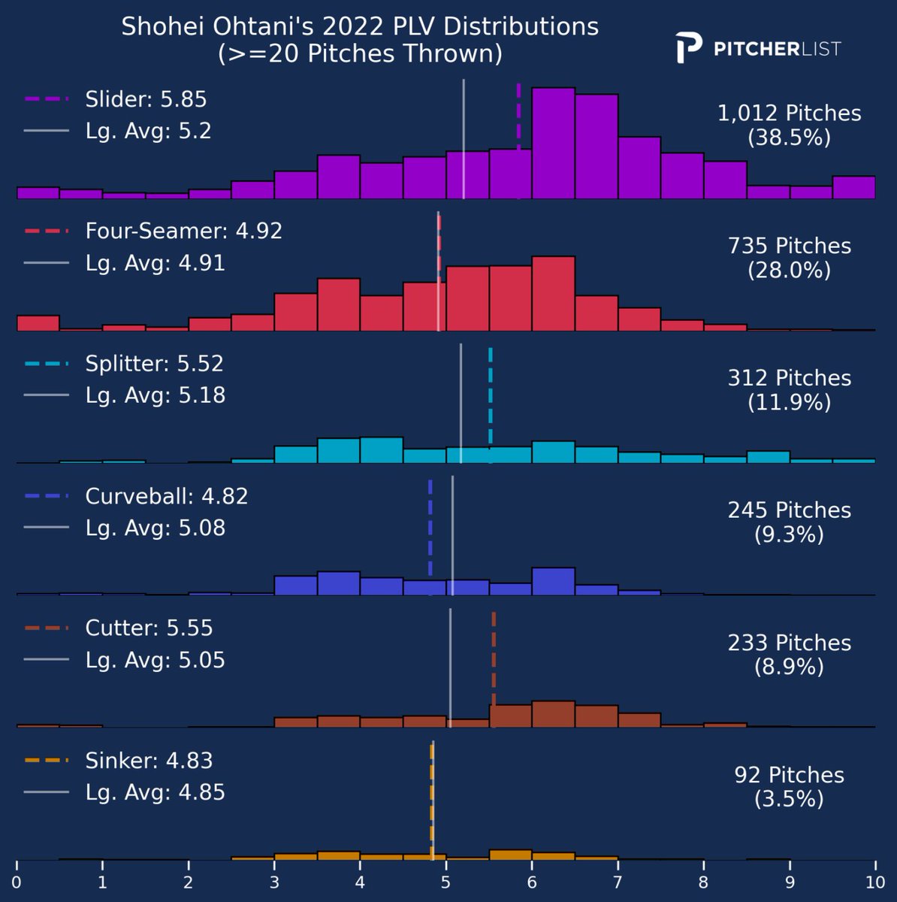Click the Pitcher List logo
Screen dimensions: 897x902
tap(758, 48)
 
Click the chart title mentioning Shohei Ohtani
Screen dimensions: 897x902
tap(360, 40)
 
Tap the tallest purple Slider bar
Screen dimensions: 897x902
tap(553, 144)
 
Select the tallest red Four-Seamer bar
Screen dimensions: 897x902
tap(553, 293)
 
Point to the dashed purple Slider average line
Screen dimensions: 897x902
tap(518, 141)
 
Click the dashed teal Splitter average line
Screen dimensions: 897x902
tap(491, 405)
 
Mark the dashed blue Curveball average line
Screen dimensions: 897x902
tap(430, 537)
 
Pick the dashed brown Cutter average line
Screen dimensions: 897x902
tap(494, 670)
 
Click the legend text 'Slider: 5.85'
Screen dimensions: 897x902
tap(146, 99)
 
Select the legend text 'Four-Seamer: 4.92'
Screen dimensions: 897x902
tap(183, 232)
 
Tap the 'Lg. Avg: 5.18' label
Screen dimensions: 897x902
tap(155, 395)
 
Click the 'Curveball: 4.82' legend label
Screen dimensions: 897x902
tap(166, 496)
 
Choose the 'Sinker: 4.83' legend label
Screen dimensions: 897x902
tap(149, 761)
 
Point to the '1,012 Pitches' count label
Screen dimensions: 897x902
tap(789, 114)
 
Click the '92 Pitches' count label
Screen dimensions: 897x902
tap(789, 775)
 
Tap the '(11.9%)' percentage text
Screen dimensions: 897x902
tap(789, 403)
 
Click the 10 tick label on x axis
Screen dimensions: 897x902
tap(875, 882)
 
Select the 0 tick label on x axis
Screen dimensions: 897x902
tap(17, 882)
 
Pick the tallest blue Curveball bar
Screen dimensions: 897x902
tap(553, 581)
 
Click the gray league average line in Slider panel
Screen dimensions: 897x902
tap(464, 139)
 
